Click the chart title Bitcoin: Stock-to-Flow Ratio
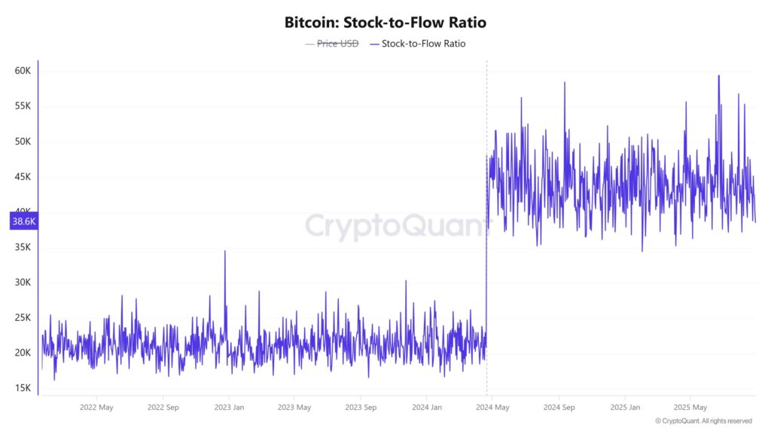[385, 23]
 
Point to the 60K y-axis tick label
[23, 71]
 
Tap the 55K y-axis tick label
[23, 106]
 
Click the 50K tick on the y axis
[23, 142]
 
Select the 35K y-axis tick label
[23, 247]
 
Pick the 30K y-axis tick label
[23, 283]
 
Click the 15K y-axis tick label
[23, 388]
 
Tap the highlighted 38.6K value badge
[23, 222]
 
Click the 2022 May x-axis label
[96, 407]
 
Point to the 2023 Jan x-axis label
[228, 407]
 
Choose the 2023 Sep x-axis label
[360, 407]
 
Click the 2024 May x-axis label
[492, 407]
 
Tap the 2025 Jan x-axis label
[624, 407]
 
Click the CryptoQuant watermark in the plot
[385, 225]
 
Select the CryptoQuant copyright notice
[703, 421]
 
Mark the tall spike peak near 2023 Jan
[224, 252]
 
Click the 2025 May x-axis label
[690, 407]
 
